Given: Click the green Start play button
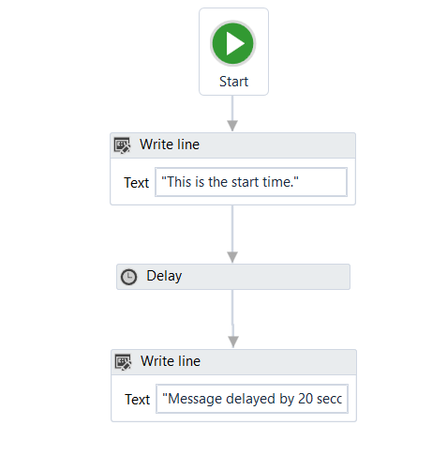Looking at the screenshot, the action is pos(232,43).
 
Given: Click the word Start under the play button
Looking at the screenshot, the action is pos(233,82).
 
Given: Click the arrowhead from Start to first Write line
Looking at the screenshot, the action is pos(232,126).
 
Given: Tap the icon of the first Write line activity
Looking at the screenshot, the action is pos(122,145).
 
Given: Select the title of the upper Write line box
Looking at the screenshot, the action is pos(170,144).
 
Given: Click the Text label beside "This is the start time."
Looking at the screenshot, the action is pos(137,183).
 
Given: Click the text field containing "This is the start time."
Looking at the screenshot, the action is pos(251,182).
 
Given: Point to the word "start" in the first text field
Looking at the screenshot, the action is pos(245,182).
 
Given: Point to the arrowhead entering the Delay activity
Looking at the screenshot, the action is pos(232,257).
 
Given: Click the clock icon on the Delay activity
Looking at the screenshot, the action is pos(128,277).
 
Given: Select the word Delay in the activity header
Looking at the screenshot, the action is pos(164,276).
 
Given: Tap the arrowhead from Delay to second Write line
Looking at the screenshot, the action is pos(233,342).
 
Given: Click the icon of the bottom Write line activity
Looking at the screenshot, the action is pos(123,362).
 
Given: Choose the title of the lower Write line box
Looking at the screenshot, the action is pos(171,361).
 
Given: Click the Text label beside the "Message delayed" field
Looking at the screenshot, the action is pos(138,400).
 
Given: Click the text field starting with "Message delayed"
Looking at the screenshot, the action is pos(252,399).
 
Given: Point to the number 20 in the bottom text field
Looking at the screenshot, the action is pos(305,399).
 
